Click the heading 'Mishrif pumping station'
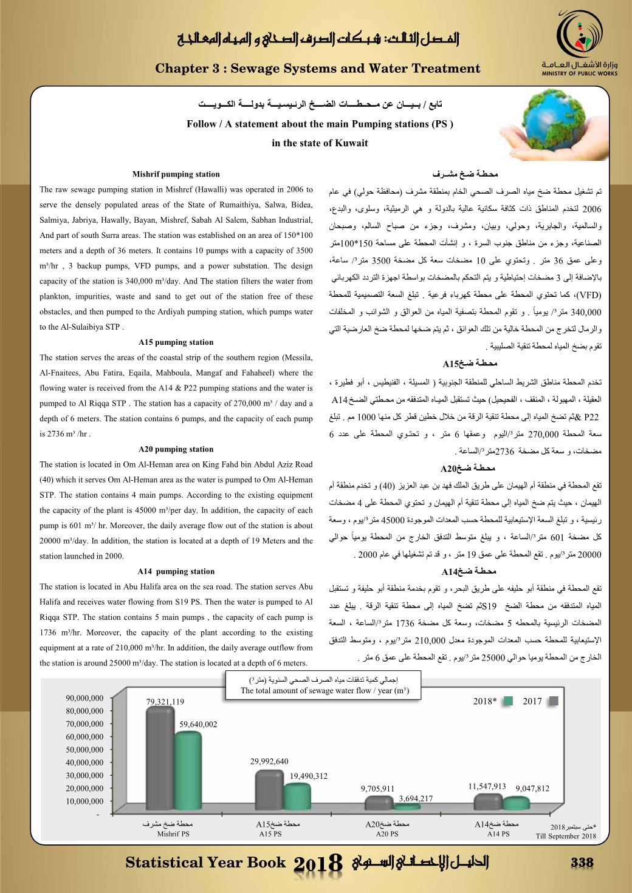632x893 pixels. click(x=176, y=174)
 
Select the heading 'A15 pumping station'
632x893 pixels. click(x=176, y=342)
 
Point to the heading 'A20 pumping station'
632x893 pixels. click(x=176, y=449)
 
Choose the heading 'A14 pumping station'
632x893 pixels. click(x=176, y=571)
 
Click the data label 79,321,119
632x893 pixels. click(x=165, y=702)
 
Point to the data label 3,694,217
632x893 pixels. click(x=416, y=798)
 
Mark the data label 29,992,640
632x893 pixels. click(x=269, y=762)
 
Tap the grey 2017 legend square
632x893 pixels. click(x=553, y=701)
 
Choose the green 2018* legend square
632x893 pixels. click(x=509, y=701)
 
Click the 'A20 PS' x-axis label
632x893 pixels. click(x=386, y=834)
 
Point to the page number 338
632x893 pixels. click(x=582, y=863)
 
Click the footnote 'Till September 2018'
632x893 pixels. click(x=566, y=836)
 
